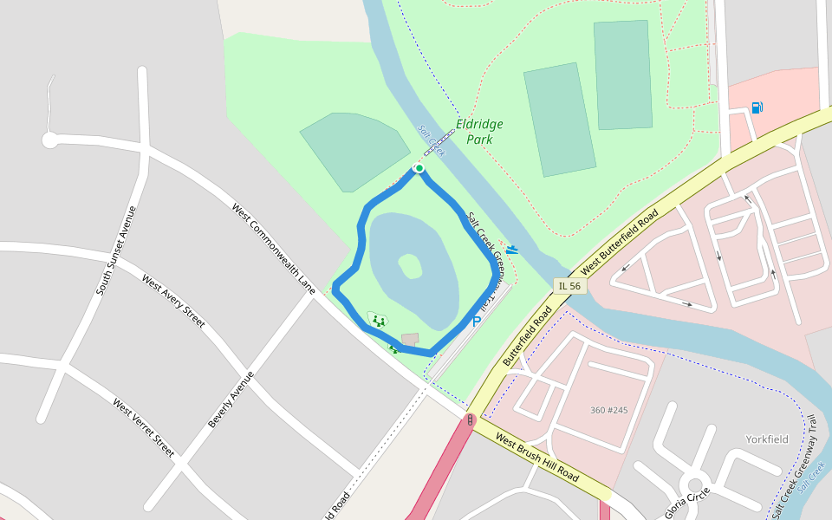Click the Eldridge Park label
pos(479,132)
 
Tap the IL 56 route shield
pos(569,286)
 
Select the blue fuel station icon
pos(757,107)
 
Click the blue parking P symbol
pos(476,322)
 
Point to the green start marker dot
pos(419,168)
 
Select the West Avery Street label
pos(173,301)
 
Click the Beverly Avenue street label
pos(231,400)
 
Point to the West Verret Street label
pos(143,427)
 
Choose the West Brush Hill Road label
pos(537,457)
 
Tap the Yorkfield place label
pos(767,439)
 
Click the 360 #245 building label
pos(608,410)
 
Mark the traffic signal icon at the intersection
pos(470,420)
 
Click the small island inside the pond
pos(410,266)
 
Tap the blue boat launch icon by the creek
pos(512,250)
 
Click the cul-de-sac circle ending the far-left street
pos(50,140)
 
